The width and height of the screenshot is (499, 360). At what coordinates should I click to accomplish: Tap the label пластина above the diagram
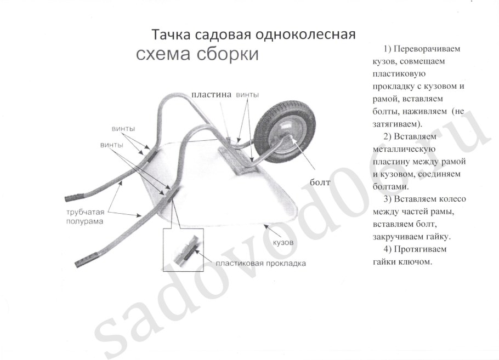pos(212,94)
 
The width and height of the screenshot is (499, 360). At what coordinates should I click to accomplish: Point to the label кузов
pos(283,241)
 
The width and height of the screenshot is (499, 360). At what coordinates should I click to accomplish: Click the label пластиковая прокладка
pos(260,263)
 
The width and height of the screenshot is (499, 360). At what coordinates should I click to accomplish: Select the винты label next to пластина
pos(247,94)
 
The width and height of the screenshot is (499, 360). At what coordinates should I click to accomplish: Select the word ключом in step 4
pos(416,262)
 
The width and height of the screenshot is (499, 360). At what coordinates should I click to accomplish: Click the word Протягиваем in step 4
pos(415,249)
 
